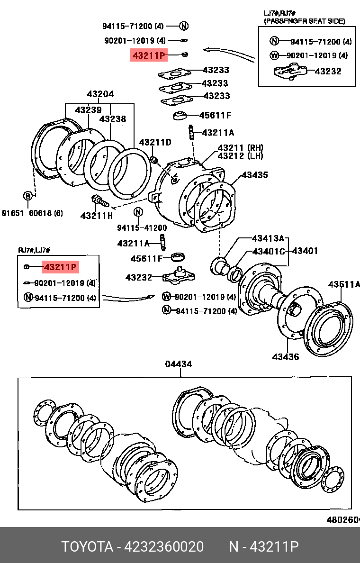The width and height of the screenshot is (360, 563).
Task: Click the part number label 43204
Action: (x=100, y=94)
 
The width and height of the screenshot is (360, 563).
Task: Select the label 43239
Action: (x=88, y=110)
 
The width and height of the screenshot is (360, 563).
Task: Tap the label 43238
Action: (x=113, y=119)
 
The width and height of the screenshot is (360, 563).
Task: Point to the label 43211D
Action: (x=155, y=142)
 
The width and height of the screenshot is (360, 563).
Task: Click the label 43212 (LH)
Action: (x=240, y=156)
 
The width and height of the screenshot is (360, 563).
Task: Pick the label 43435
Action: (x=255, y=175)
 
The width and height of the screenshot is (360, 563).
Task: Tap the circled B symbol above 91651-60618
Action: (x=28, y=196)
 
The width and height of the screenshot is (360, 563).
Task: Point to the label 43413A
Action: (x=268, y=238)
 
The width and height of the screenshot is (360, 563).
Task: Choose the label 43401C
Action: (x=268, y=251)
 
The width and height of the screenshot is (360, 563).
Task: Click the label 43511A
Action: (x=344, y=284)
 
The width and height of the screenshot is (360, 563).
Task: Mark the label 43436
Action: (x=286, y=356)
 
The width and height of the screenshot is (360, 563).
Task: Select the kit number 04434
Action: (x=179, y=364)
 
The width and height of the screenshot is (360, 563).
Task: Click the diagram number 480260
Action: (x=342, y=519)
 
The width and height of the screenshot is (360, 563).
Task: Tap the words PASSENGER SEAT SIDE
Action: (x=304, y=21)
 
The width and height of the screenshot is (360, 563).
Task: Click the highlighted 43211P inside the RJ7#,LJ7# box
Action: (x=60, y=268)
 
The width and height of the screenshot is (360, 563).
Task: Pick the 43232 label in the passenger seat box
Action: (x=328, y=72)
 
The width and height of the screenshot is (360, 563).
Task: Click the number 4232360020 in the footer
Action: (x=163, y=547)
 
